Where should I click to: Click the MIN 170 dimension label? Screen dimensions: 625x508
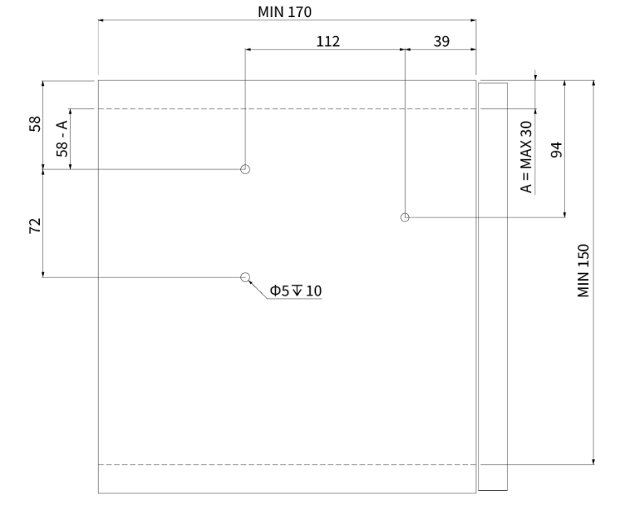284,12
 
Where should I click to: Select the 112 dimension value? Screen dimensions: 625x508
328,42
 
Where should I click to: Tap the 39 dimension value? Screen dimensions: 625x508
442,42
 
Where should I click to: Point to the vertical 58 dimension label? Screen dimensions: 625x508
35,124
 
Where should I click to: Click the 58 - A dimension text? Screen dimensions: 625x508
62,139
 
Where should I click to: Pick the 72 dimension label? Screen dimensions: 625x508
35,226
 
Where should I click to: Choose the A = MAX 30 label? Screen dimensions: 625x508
526,157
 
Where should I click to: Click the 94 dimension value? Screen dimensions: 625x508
557,149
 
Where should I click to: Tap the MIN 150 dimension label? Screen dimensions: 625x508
583,271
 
